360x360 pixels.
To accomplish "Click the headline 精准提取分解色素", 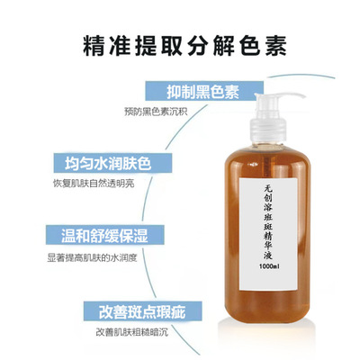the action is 184,46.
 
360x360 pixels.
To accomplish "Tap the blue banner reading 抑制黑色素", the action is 204,91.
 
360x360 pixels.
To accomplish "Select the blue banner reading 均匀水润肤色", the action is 112,163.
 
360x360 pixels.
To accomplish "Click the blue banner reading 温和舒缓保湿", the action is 105,235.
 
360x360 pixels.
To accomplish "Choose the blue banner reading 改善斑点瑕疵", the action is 143,311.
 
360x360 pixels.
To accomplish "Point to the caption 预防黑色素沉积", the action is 156,112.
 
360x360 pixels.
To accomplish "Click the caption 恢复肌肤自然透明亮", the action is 94,184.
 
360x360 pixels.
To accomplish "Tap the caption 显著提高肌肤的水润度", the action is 92,258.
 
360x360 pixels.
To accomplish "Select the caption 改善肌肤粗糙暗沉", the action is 132,333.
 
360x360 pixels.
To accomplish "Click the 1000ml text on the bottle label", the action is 269,266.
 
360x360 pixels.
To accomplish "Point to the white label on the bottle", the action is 268,234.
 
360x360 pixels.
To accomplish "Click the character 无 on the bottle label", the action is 268,188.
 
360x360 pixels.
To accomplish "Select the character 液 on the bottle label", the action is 268,256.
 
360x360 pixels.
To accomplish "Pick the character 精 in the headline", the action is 94,46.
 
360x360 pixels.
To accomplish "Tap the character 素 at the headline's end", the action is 275,46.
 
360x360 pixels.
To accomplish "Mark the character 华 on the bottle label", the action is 268,246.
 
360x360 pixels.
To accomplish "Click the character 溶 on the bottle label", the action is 268,208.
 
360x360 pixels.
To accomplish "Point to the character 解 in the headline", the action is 224,46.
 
